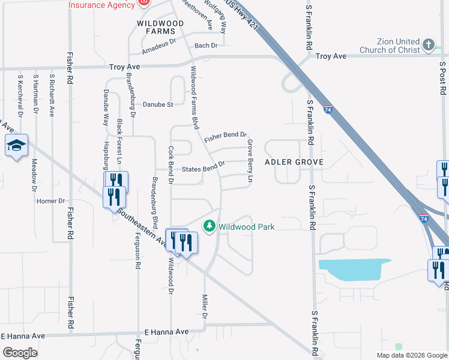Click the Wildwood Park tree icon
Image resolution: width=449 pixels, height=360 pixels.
[209, 227]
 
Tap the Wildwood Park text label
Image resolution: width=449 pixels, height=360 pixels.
[246, 227]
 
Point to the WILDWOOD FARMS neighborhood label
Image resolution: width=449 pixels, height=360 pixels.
[160, 27]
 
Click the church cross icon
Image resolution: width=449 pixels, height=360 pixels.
[428, 45]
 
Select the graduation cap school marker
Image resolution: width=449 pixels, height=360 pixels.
[16, 146]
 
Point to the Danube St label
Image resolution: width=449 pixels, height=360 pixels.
[158, 104]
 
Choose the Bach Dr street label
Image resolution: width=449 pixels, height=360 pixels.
[205, 46]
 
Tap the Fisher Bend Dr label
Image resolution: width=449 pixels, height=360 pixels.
[226, 137]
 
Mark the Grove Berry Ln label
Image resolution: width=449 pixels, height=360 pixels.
[250, 161]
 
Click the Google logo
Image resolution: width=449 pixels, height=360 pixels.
[20, 352]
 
